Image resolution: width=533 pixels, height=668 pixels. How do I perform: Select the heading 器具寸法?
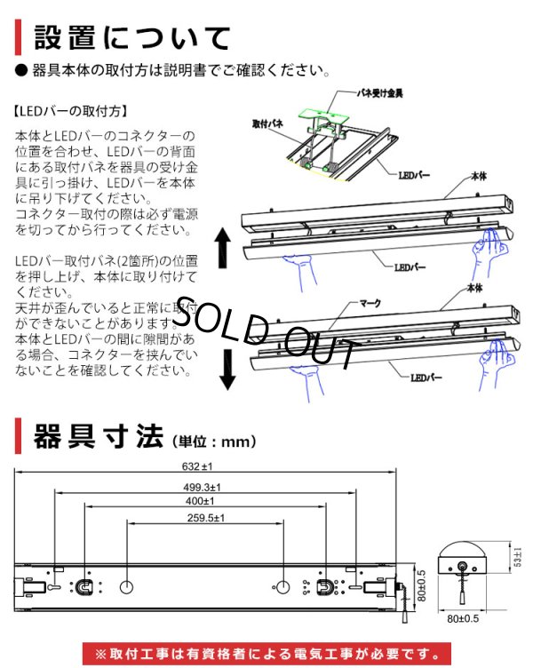98,437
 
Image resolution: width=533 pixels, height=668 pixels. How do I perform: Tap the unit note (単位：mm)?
212,441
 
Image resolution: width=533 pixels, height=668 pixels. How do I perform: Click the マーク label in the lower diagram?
369,303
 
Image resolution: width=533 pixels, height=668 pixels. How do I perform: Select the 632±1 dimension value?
204,464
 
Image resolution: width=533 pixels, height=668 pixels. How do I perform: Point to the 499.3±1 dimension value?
206,487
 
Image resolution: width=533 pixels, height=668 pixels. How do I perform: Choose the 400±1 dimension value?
205,502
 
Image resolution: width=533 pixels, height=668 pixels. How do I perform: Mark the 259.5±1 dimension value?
205,518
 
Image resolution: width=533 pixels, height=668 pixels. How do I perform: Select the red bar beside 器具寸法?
20,437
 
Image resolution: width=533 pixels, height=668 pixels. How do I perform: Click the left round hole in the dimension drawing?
126,587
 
